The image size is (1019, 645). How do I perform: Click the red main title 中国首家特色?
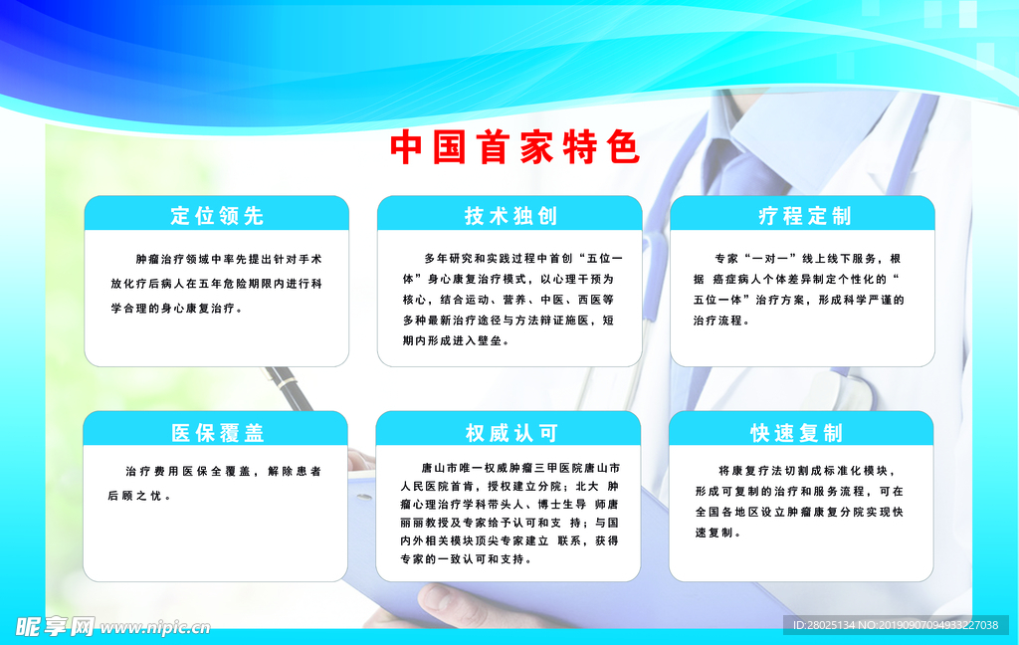514,147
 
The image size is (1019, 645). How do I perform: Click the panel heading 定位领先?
217,215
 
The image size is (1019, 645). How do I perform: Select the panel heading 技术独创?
510,215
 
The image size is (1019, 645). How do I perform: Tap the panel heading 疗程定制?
804,215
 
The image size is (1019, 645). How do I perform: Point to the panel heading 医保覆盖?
217,432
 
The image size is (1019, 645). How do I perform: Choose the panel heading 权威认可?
510,432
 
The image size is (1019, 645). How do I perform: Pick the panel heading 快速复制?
796,432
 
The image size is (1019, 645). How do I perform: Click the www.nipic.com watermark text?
154,627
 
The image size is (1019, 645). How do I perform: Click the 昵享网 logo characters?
55,627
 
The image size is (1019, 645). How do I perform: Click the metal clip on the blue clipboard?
363,498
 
